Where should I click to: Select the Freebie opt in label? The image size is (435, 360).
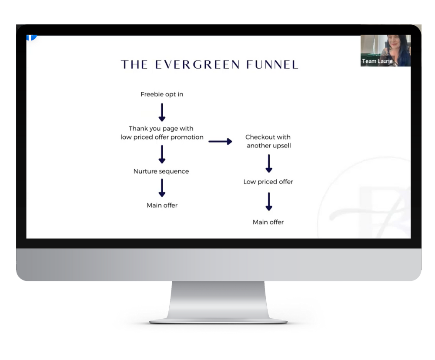click(x=162, y=94)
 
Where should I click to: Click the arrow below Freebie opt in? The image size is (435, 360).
click(x=162, y=112)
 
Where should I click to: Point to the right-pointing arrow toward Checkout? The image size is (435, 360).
click(x=220, y=141)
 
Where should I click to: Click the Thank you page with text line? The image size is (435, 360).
click(x=161, y=129)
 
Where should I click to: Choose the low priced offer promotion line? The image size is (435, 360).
click(x=162, y=137)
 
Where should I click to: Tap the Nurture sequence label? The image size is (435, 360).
click(x=161, y=171)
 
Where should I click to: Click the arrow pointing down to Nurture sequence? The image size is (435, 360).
click(x=162, y=154)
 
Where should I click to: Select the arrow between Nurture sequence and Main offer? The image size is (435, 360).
click(x=162, y=188)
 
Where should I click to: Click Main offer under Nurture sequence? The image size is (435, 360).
click(x=162, y=205)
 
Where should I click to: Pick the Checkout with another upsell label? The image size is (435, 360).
click(x=268, y=141)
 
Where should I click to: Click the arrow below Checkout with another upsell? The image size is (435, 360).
click(x=268, y=163)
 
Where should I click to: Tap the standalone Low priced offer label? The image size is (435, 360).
click(x=268, y=182)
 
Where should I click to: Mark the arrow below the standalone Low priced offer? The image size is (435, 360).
click(x=268, y=202)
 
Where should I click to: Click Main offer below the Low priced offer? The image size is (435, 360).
click(x=268, y=222)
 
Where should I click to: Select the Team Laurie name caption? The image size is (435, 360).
click(x=377, y=61)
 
